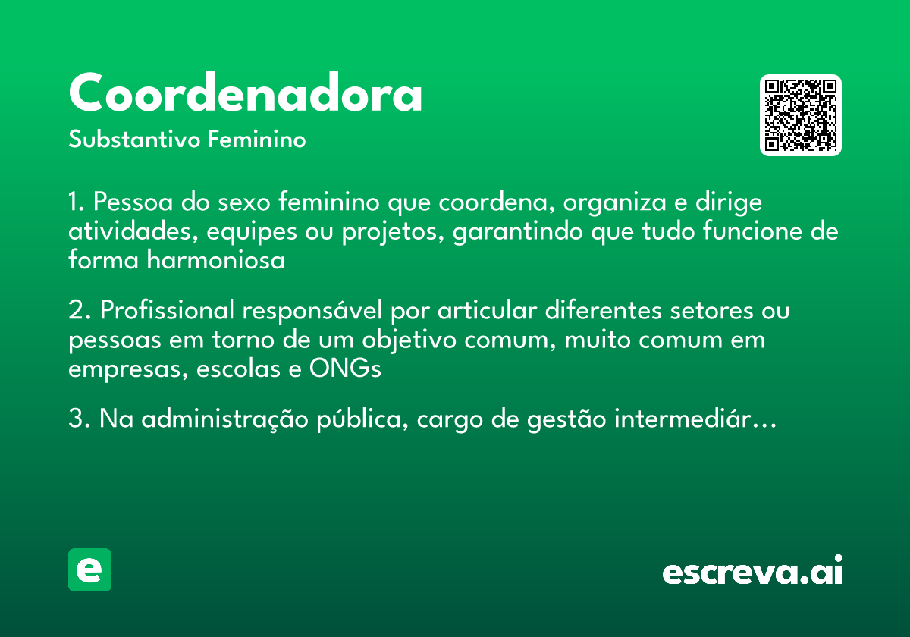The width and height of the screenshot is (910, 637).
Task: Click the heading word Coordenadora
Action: tap(245, 94)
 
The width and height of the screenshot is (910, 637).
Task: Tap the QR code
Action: tap(800, 115)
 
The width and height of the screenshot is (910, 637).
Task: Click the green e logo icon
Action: tap(89, 570)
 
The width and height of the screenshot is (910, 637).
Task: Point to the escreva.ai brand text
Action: tap(752, 572)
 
